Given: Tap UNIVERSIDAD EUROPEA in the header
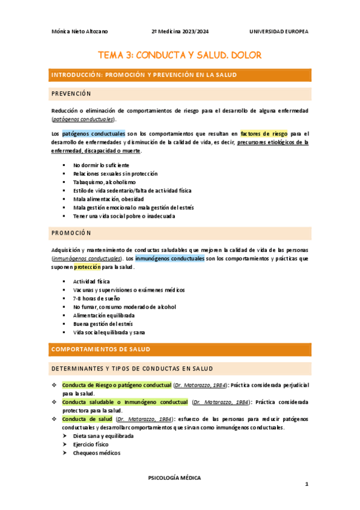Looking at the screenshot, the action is (x=278, y=31).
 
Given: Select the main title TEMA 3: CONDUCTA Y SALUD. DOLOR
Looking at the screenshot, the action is (x=180, y=55).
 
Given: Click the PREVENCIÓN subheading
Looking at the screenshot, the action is (x=71, y=94).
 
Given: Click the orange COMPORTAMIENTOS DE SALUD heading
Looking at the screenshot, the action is (x=101, y=349).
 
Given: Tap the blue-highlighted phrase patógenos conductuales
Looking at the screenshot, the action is (x=93, y=134).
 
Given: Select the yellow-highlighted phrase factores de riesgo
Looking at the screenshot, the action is (x=263, y=134).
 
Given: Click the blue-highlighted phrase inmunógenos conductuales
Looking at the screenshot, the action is (x=169, y=258).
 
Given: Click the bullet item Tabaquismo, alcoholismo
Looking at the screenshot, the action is (x=104, y=182).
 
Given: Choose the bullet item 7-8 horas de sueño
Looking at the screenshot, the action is (x=96, y=298).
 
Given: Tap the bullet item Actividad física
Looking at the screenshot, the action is (x=91, y=281).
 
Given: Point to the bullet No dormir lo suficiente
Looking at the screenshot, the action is (x=101, y=165).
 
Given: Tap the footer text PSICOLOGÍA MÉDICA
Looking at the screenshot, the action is (x=174, y=478).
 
